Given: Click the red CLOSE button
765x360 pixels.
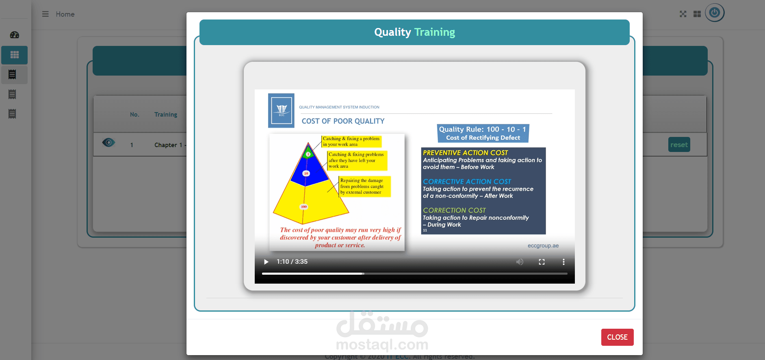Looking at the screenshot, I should [x=617, y=337].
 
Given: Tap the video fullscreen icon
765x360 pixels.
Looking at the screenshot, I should [x=542, y=262].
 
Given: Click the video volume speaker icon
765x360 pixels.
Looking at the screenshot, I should [x=520, y=262].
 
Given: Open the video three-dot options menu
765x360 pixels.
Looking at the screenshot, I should [x=563, y=262].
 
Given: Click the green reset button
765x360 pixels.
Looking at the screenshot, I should [x=679, y=145].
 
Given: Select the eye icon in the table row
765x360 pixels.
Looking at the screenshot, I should [x=108, y=143].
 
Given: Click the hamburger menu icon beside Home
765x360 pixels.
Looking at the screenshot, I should [x=46, y=14].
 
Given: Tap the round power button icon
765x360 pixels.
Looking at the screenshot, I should [x=715, y=13].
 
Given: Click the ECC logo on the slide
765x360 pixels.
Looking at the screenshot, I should [x=281, y=111].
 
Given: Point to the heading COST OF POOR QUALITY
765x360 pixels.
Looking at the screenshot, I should [x=343, y=121].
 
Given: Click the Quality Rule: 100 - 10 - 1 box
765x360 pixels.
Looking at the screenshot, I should [x=483, y=133].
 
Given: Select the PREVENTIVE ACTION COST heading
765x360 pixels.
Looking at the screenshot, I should [x=465, y=153].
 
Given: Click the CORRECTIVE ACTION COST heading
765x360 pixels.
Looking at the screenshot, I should [x=467, y=182].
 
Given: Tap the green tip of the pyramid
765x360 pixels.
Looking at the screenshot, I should [x=308, y=154].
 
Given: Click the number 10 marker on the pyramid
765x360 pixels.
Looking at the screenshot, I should [x=306, y=173].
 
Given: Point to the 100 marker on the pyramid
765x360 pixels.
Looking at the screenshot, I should [x=303, y=207].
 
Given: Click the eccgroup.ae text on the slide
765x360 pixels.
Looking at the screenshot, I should [x=543, y=246].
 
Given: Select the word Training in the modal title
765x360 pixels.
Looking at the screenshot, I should [x=434, y=32].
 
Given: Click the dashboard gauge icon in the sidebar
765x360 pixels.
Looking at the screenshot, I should [x=15, y=35].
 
